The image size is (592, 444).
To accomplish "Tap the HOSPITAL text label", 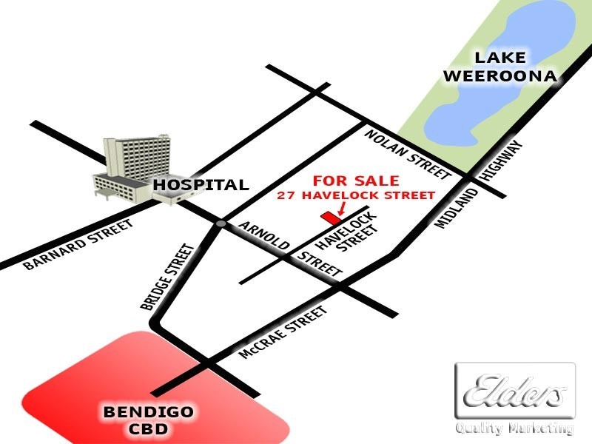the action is click(x=201, y=185).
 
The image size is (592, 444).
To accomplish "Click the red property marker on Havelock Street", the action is click(x=329, y=218).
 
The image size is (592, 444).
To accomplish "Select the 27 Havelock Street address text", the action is click(x=356, y=195).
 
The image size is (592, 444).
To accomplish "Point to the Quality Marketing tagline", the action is click(x=514, y=428).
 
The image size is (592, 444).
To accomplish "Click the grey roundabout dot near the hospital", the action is click(x=221, y=223).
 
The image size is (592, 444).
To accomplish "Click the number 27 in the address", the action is click(x=284, y=195).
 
